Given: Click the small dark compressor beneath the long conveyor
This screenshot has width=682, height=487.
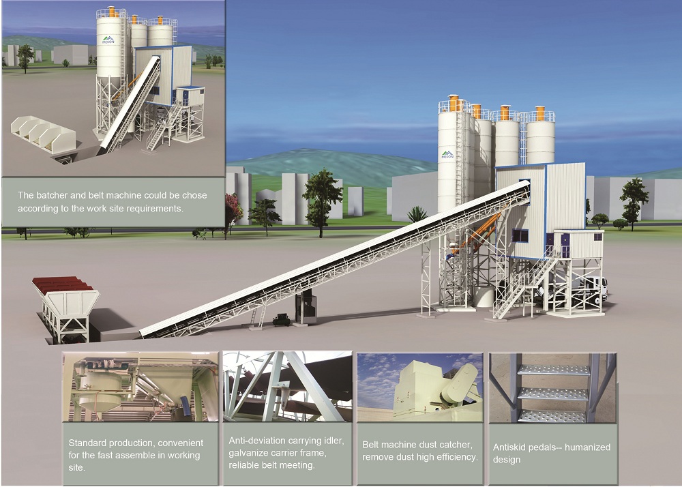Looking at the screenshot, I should pos(280,319).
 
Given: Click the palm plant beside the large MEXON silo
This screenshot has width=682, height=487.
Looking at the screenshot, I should pos(417,214).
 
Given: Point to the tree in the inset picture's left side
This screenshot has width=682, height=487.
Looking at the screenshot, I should pos(25,56).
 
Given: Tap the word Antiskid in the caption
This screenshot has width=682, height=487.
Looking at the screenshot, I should pos(511,447).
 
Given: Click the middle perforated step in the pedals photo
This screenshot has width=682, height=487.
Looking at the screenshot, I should pos(553,394).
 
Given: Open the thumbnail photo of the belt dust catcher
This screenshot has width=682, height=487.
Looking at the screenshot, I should pos(419,387).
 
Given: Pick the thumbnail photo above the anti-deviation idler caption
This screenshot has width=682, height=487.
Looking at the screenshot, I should pos(287,387).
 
